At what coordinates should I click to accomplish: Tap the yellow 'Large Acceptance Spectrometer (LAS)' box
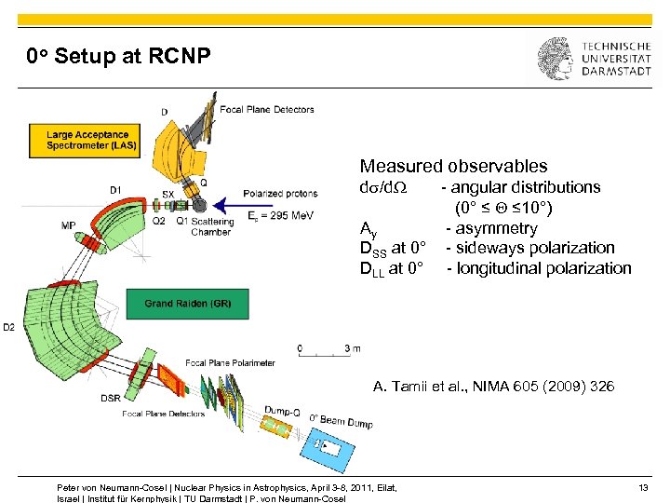pos(89,140)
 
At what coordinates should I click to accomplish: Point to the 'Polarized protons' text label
pos(281,194)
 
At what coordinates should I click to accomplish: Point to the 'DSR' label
pos(110,399)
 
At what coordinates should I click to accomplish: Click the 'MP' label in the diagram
pos(69,225)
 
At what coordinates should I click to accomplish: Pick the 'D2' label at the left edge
pos(8,327)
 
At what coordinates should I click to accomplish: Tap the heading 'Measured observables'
pos(453,167)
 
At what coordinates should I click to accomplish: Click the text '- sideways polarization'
pos(530,248)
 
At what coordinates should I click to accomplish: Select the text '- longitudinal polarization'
pos(539,268)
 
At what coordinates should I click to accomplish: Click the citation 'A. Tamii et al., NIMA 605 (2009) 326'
pos(493,386)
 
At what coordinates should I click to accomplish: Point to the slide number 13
pos(644,487)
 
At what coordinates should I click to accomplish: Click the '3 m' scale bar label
pos(352,348)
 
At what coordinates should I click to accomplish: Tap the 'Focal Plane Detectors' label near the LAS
pos(267,110)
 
